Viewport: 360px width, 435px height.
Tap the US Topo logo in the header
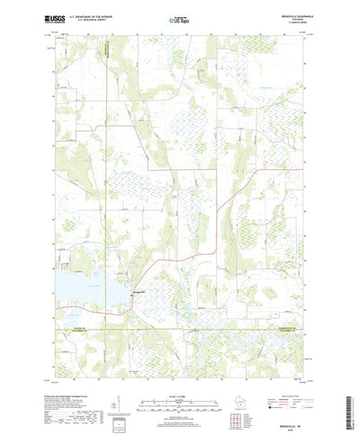(x=179, y=18)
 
